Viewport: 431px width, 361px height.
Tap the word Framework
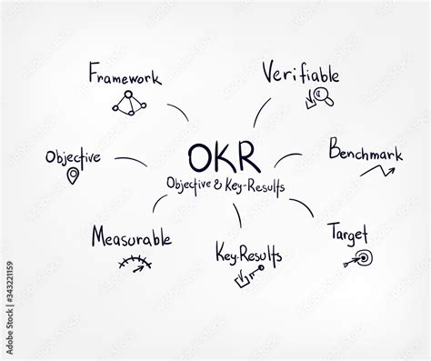pyautogui.click(x=125, y=75)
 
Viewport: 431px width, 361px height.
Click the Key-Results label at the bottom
pyautogui.click(x=248, y=254)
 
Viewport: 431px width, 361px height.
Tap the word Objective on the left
pyautogui.click(x=73, y=156)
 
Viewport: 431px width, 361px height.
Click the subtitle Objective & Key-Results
pyautogui.click(x=226, y=185)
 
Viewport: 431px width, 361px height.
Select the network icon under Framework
pyautogui.click(x=127, y=102)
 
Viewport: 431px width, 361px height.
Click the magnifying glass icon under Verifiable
pyautogui.click(x=318, y=95)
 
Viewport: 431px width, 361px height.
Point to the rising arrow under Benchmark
pyautogui.click(x=381, y=168)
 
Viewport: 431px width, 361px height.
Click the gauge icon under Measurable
pyautogui.click(x=135, y=264)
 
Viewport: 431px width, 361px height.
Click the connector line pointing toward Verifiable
pyautogui.click(x=261, y=111)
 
